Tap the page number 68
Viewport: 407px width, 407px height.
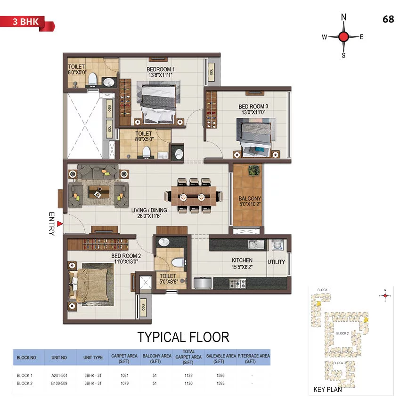pyautogui.click(x=388, y=20)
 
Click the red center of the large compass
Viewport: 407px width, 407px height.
pyautogui.click(x=343, y=37)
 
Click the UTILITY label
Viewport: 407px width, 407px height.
pyautogui.click(x=276, y=262)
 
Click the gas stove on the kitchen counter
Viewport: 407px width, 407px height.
pyautogui.click(x=237, y=283)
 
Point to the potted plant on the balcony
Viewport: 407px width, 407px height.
pyautogui.click(x=254, y=170)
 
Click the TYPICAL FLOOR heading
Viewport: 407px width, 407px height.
pyautogui.click(x=183, y=337)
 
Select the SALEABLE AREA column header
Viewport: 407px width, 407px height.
pyautogui.click(x=218, y=358)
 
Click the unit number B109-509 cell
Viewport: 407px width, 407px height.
pyautogui.click(x=59, y=383)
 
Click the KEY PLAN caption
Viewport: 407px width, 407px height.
pyautogui.click(x=327, y=390)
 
